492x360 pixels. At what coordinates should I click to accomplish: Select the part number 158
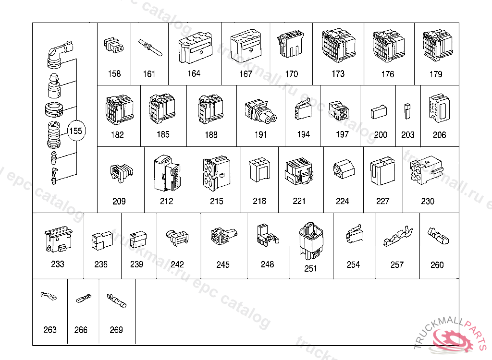click(114, 74)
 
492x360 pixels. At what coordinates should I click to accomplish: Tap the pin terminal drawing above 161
click(150, 48)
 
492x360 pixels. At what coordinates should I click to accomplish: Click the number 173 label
click(338, 74)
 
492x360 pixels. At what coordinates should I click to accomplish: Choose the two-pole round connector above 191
click(260, 111)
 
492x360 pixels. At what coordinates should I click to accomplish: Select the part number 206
click(439, 135)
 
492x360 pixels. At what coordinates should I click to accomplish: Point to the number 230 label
click(428, 201)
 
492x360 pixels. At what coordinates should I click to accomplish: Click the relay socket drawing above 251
click(311, 239)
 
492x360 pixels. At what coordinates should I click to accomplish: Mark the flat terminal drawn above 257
click(397, 237)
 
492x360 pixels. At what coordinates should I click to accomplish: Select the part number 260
click(437, 264)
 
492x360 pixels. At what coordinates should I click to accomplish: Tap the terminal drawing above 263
click(49, 295)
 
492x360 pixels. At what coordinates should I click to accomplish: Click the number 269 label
click(116, 330)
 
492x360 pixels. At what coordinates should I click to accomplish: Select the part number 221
click(299, 201)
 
